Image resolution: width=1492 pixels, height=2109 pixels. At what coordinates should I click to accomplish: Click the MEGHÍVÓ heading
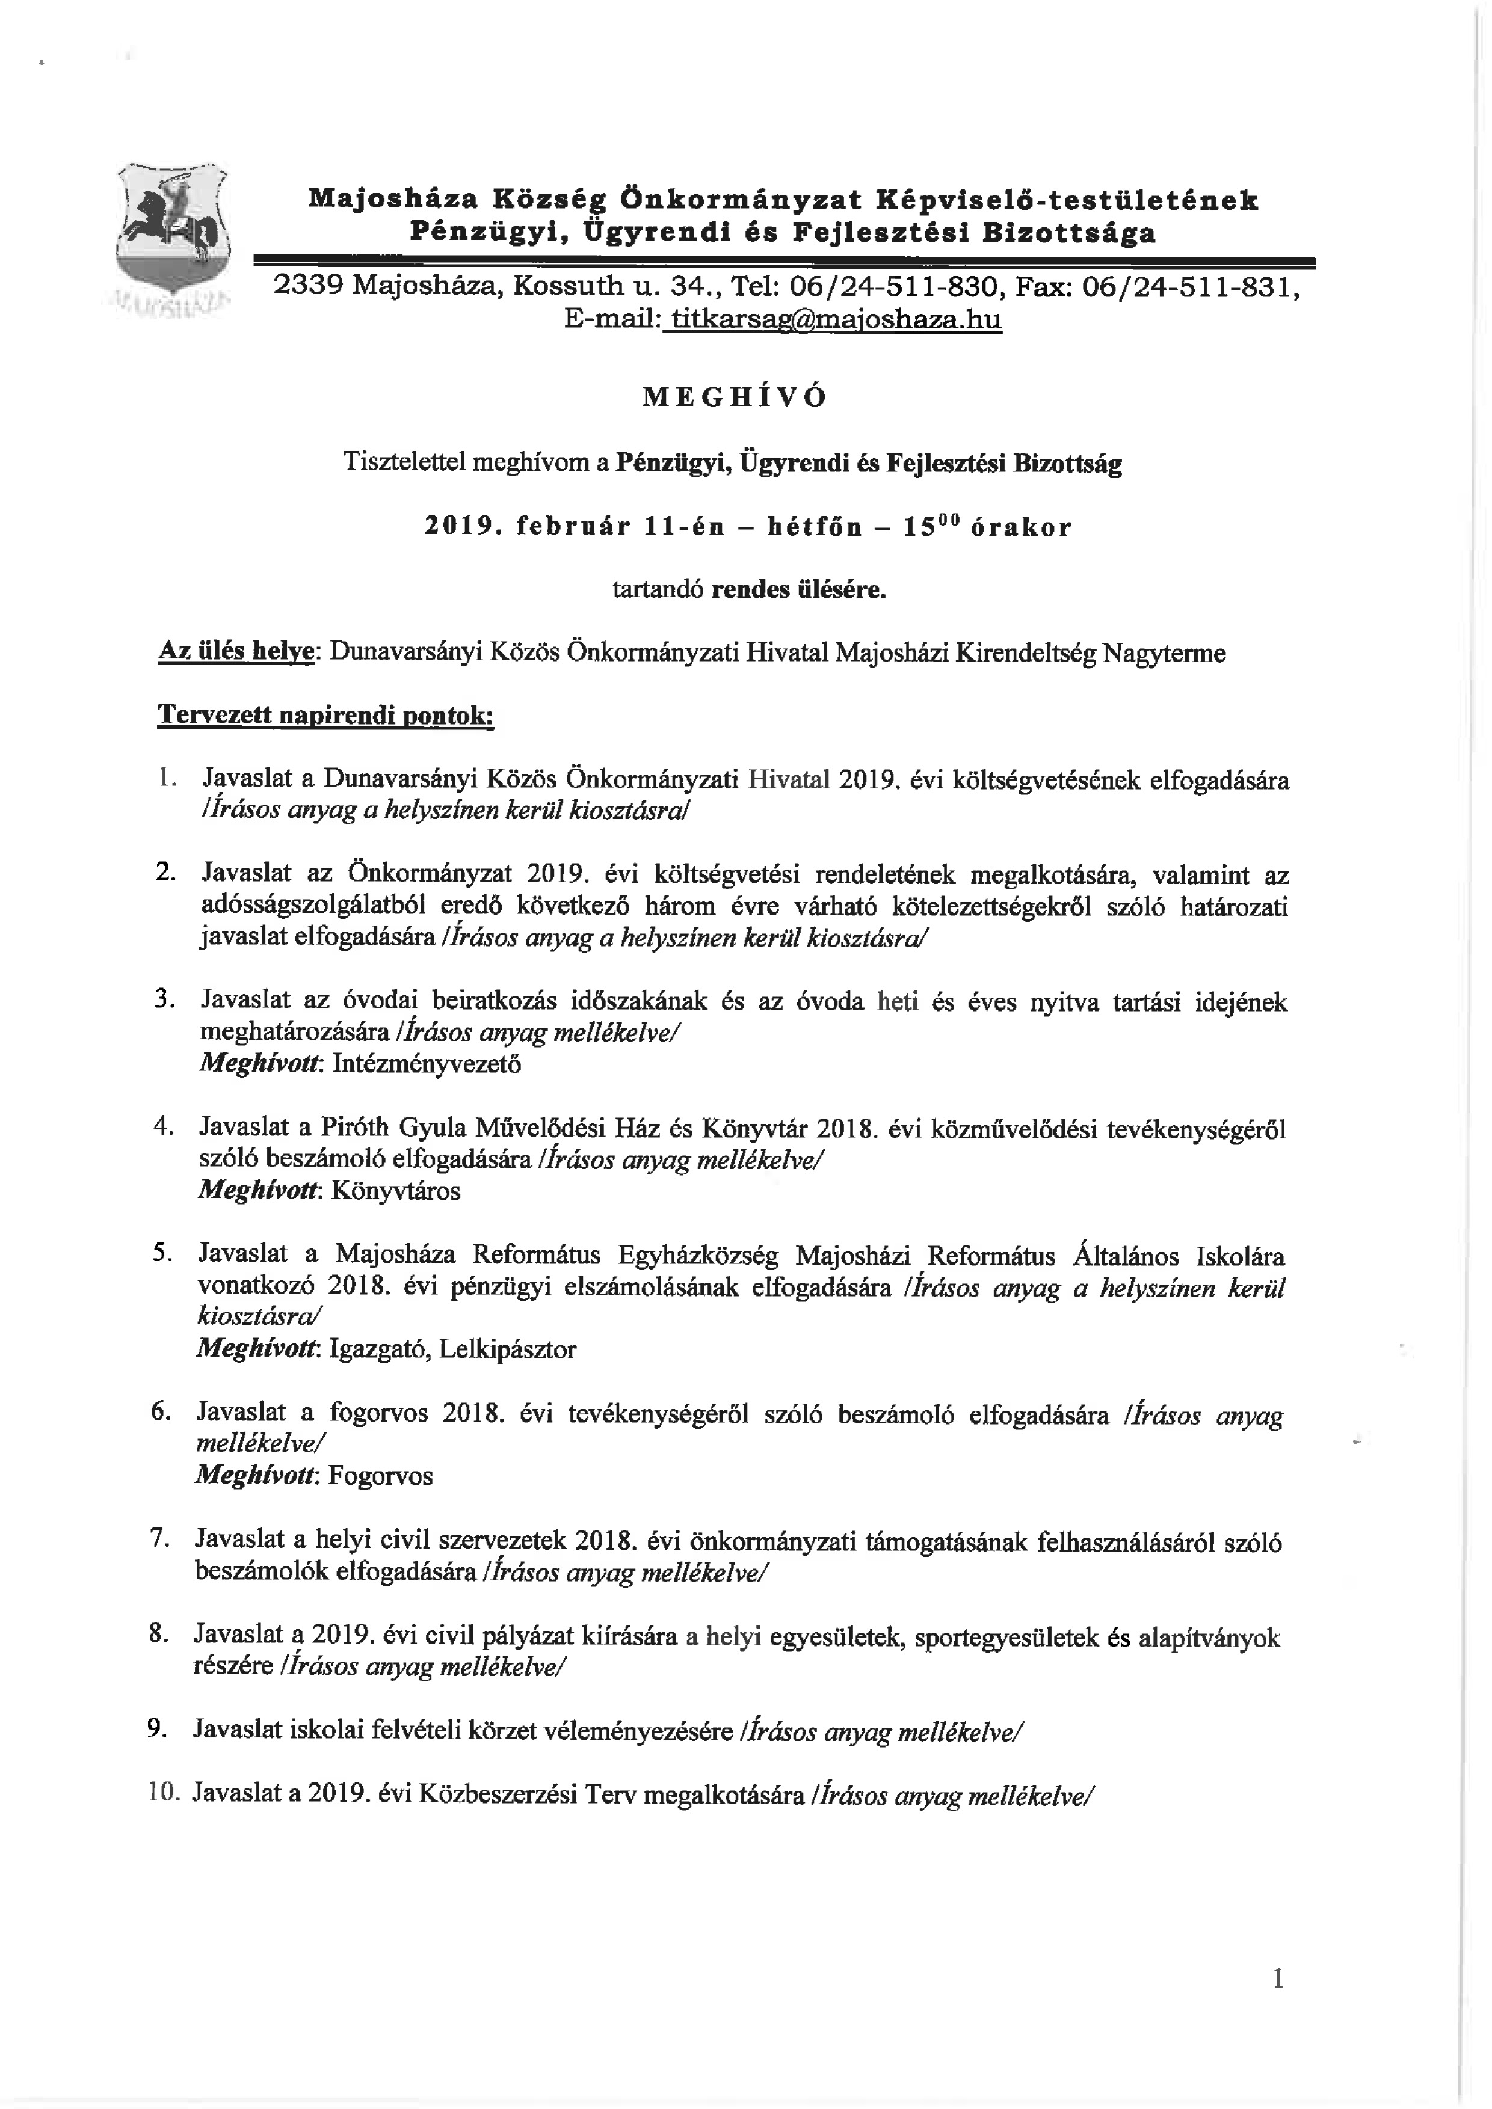tap(734, 397)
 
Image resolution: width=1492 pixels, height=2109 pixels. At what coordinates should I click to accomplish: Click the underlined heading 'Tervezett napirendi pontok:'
tap(326, 716)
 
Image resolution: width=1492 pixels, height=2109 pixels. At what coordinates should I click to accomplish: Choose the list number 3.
tap(165, 999)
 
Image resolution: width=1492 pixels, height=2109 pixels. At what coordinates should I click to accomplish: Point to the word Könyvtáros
tap(395, 1191)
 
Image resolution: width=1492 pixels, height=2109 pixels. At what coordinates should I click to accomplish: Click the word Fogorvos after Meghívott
tap(380, 1476)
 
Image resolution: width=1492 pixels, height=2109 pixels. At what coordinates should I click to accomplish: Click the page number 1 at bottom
tap(1278, 2004)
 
